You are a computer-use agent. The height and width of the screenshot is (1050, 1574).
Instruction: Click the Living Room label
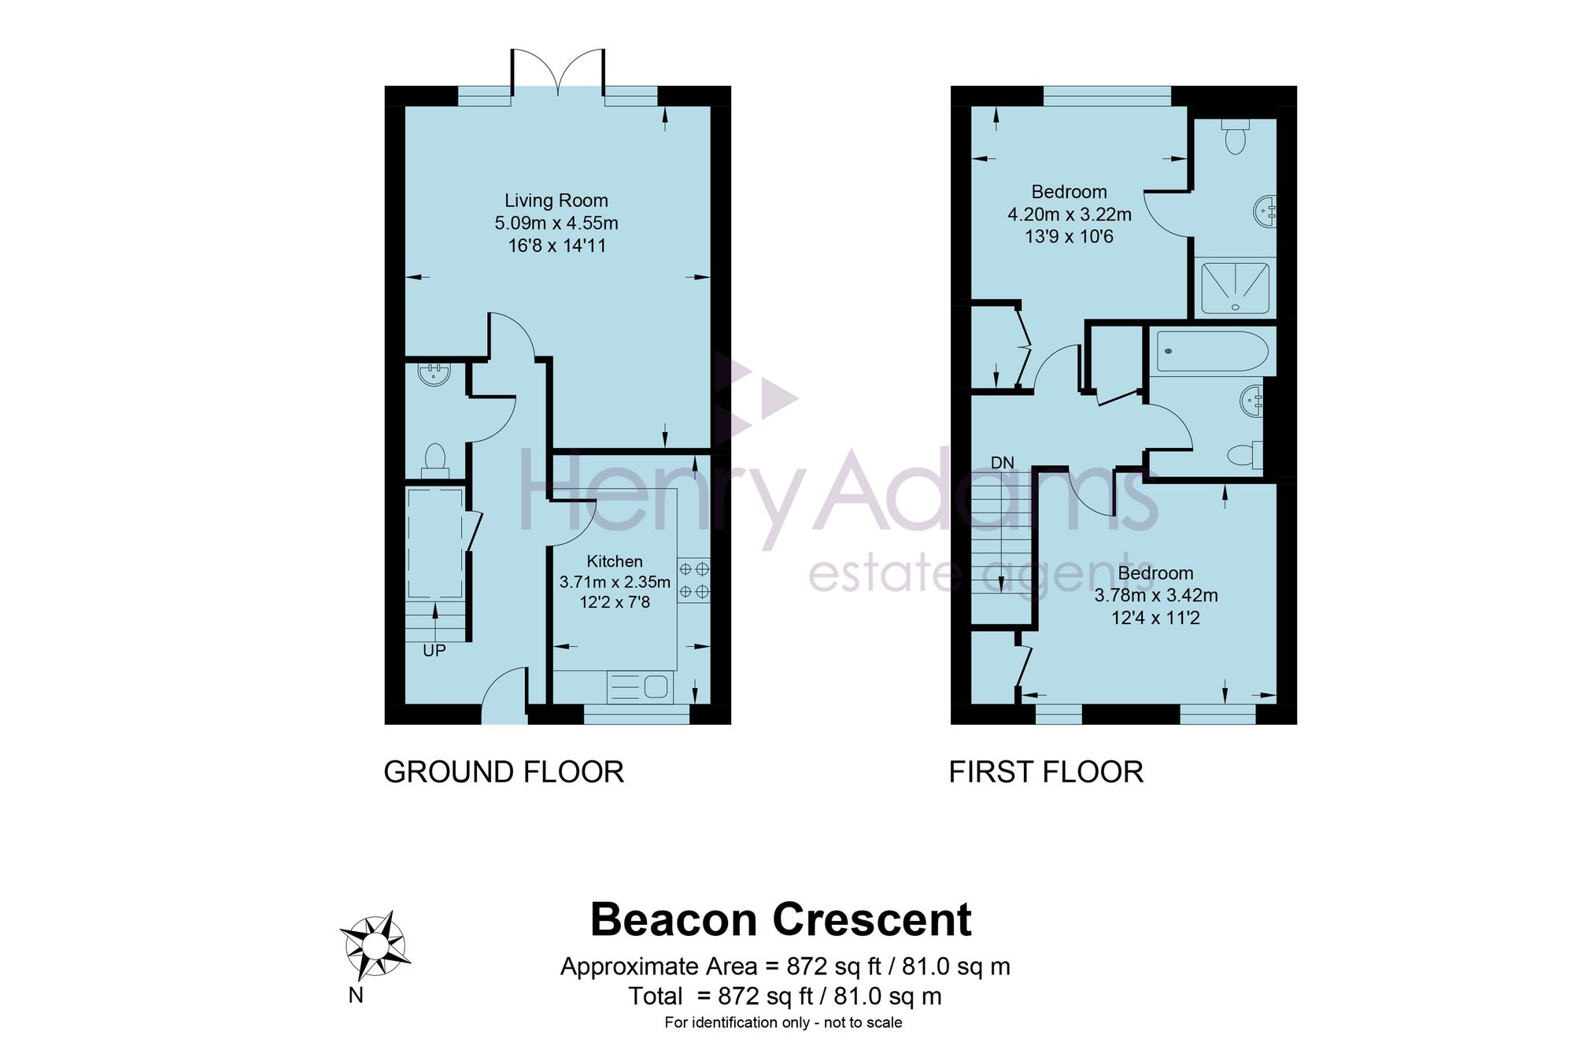pos(556,201)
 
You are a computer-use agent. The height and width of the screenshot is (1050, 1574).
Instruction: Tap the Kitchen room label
pos(615,561)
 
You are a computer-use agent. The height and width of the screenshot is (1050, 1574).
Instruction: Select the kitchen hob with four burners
pos(693,579)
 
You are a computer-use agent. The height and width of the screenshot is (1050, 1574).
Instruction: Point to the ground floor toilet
pos(434,461)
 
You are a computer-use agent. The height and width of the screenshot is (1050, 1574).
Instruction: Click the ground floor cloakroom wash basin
pos(434,373)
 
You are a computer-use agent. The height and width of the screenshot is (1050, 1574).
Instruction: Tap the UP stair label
pos(434,651)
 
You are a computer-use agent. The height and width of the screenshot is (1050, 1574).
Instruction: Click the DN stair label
pos(1003,463)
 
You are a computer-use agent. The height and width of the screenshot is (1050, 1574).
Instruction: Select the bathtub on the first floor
pos(1212,351)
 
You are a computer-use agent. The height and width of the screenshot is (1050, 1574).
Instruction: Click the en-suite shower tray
pos(1236,287)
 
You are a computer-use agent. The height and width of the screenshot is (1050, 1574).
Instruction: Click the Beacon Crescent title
pos(781,919)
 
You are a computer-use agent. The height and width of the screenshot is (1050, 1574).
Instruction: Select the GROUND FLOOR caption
pos(504,772)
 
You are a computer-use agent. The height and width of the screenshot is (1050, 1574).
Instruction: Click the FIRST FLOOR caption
pos(1046,772)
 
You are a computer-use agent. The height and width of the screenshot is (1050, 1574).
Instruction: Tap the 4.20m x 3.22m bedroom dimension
pos(1070,214)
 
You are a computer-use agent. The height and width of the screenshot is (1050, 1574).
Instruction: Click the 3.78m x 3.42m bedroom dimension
pos(1156,596)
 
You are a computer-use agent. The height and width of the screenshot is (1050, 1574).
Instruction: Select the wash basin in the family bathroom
pos(1251,401)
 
